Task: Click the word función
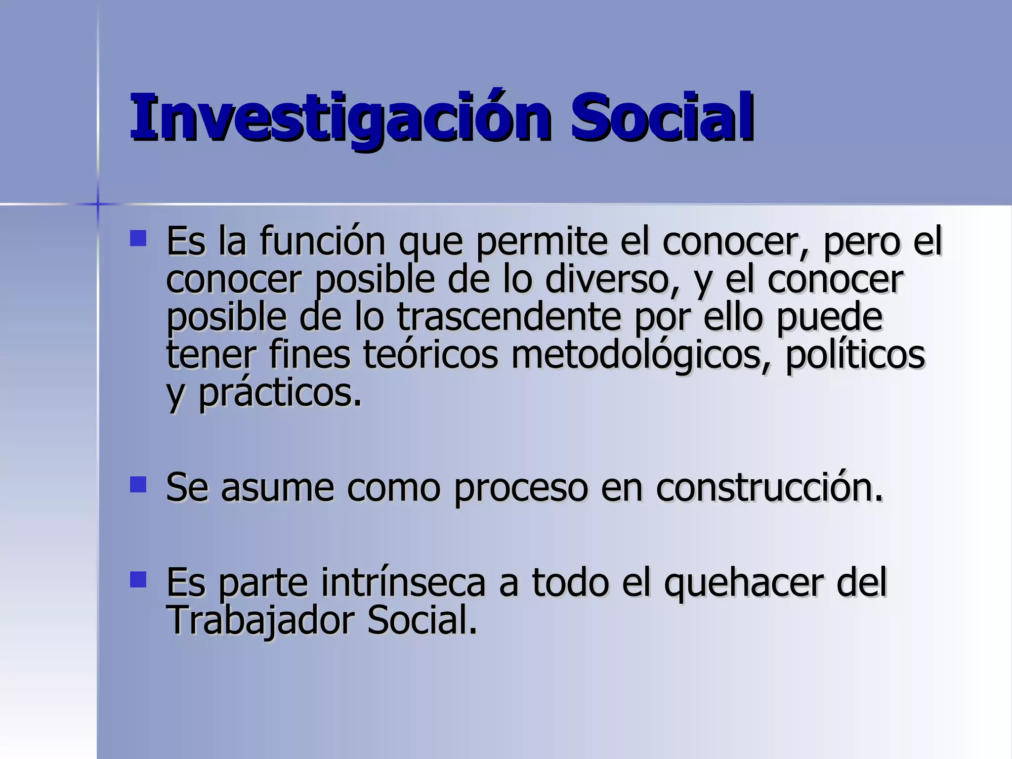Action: point(322,241)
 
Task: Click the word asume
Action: point(277,488)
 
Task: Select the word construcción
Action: point(769,488)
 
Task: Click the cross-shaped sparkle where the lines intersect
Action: point(97,204)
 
